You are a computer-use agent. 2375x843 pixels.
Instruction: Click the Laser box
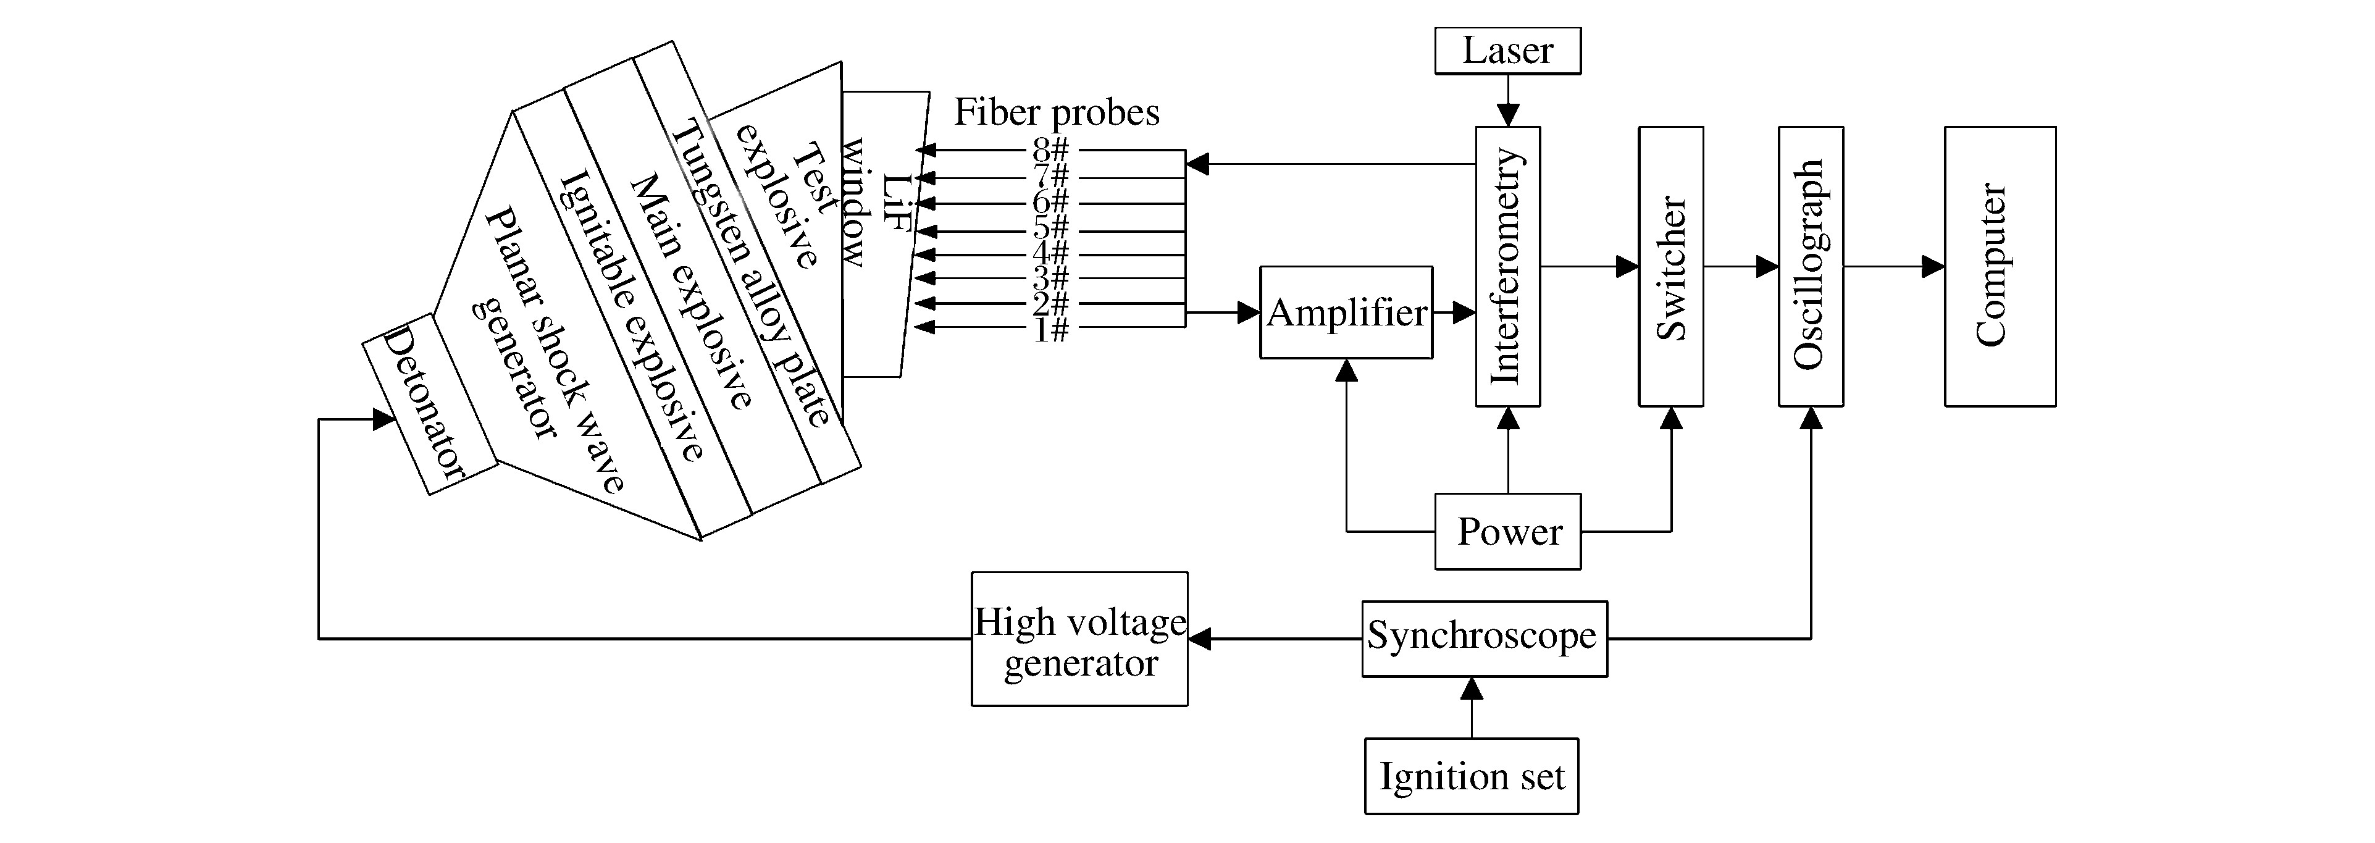pos(1507,51)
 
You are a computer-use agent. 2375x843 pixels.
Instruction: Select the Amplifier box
pos(1346,312)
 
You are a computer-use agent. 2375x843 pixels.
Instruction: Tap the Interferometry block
pos(1507,267)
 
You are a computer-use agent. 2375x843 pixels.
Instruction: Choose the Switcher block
pos(1670,267)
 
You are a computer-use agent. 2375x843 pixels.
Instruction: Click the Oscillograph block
pos(1811,267)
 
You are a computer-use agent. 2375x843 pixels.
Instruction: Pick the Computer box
pos(2000,267)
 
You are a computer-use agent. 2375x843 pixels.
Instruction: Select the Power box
pos(1507,531)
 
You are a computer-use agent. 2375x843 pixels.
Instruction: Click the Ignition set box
pos(1472,776)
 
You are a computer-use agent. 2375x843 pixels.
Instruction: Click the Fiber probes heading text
pos(1057,112)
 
